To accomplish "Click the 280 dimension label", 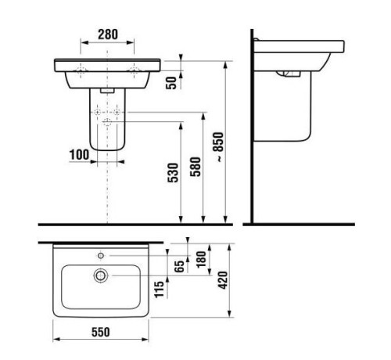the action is tap(108, 34).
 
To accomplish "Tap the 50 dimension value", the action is tap(171, 83).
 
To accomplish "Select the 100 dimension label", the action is tap(80, 155).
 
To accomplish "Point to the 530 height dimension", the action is tap(173, 172).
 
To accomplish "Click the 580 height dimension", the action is tap(195, 167).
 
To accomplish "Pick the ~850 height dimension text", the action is tap(218, 147).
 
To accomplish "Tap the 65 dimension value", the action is tap(179, 266).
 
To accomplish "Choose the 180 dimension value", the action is tap(201, 259).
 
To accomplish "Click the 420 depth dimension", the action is tap(223, 280).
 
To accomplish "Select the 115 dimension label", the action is tap(159, 289).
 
